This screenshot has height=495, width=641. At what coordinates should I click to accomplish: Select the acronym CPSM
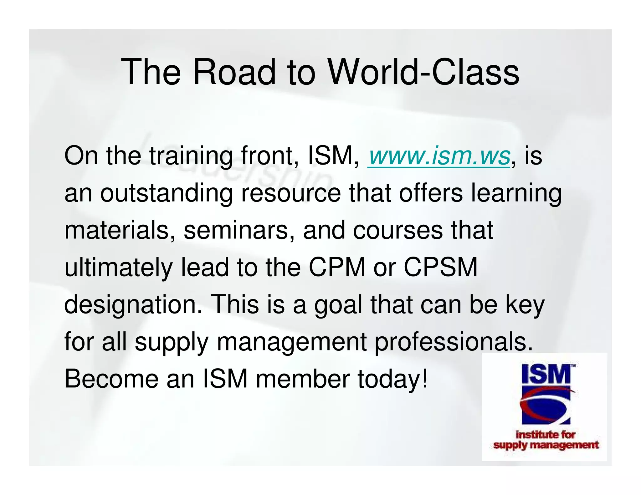(x=441, y=267)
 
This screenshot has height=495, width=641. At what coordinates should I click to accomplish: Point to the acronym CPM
(x=337, y=267)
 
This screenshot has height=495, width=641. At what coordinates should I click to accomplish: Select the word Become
(x=111, y=379)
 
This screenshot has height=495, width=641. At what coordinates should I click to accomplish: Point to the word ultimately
(x=118, y=267)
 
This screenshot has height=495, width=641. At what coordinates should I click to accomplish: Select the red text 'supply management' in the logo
(x=546, y=445)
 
